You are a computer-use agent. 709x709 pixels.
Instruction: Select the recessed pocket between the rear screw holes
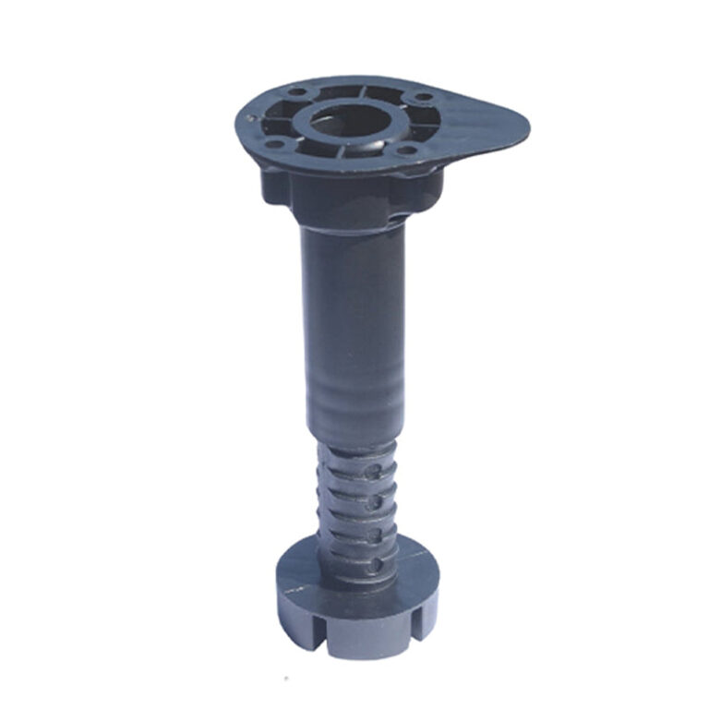tap(359, 92)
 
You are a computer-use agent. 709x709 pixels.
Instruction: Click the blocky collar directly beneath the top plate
tap(351, 198)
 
